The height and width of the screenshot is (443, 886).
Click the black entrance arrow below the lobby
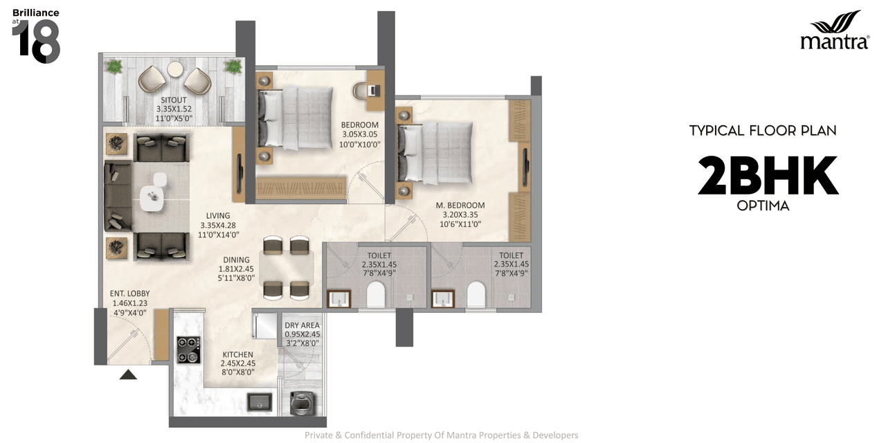point(129,374)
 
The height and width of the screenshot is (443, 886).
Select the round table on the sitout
point(176,69)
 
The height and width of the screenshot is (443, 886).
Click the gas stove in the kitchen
point(188,350)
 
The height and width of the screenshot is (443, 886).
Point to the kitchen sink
point(261,402)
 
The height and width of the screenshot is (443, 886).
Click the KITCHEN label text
point(238,354)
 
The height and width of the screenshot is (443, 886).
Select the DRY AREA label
point(302,325)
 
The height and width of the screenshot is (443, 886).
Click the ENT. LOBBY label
point(129,293)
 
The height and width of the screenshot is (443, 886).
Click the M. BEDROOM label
point(460,206)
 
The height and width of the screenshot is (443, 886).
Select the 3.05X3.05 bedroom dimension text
point(359,135)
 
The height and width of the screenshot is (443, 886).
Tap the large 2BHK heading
point(768,176)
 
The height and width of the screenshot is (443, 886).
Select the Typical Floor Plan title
point(763,130)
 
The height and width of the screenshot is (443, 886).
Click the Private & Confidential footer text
point(442,435)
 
